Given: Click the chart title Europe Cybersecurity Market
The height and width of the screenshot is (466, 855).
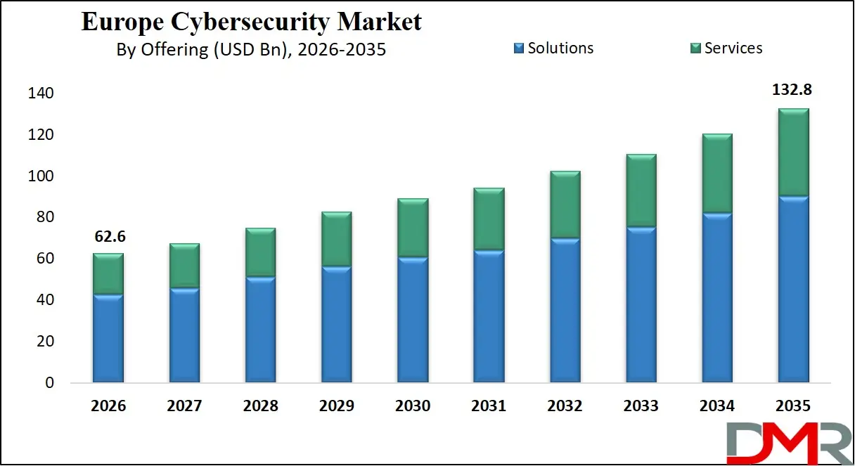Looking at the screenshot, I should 251,22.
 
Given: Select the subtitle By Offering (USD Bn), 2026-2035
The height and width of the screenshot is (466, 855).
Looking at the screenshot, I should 251,50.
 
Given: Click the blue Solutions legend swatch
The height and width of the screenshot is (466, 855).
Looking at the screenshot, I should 519,48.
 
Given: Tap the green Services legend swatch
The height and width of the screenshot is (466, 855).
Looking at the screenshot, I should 695,48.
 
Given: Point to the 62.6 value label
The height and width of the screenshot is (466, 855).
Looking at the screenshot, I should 108,238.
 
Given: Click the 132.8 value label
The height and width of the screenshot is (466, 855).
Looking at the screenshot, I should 793,91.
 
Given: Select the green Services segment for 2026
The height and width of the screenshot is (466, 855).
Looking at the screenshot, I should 108,274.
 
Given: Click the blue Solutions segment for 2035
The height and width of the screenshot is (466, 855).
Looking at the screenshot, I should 793,290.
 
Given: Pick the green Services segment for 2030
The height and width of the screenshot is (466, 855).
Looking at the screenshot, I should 413,228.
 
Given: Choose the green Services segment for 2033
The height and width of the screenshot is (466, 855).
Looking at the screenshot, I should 641,190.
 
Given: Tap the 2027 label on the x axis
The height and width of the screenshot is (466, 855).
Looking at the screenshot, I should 184,406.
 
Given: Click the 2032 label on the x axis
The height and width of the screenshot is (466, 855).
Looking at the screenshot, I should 565,406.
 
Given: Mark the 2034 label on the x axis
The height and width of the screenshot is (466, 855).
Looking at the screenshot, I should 717,406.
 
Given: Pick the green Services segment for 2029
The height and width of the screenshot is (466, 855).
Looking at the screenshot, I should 336,239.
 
